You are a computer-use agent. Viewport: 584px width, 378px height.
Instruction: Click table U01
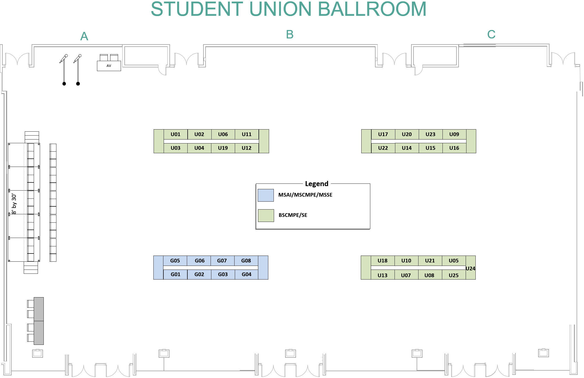(x=176, y=134)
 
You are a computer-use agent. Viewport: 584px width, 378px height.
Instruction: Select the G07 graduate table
(x=222, y=261)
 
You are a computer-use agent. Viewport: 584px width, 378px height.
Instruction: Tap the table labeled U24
(x=470, y=268)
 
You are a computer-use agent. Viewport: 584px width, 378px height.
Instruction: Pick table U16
(x=454, y=148)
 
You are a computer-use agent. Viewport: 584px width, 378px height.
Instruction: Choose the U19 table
(x=223, y=148)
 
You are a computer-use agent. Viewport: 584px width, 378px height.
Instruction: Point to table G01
(x=176, y=274)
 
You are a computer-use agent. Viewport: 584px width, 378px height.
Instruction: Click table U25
(x=454, y=275)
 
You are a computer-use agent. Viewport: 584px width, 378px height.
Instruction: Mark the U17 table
(x=383, y=134)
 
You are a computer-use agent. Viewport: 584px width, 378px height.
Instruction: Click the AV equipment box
(x=109, y=66)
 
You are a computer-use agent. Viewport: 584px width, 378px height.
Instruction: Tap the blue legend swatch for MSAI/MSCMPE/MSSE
(x=266, y=195)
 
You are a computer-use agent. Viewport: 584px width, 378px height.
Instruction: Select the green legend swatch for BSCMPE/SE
(x=266, y=215)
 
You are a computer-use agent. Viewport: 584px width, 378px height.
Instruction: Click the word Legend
(x=317, y=184)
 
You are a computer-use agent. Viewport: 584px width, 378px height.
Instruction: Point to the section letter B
(x=290, y=34)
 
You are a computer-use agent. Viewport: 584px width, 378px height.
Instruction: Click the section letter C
(x=491, y=34)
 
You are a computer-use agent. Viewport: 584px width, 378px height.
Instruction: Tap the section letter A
(x=84, y=36)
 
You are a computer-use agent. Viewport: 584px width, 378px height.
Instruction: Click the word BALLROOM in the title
(x=372, y=9)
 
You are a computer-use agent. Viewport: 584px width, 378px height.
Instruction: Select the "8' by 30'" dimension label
(x=14, y=204)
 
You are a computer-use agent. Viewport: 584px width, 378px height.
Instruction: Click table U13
(x=382, y=275)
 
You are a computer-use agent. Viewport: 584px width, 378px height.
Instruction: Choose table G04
(x=246, y=274)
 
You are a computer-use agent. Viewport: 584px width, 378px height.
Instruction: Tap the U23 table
(x=430, y=134)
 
